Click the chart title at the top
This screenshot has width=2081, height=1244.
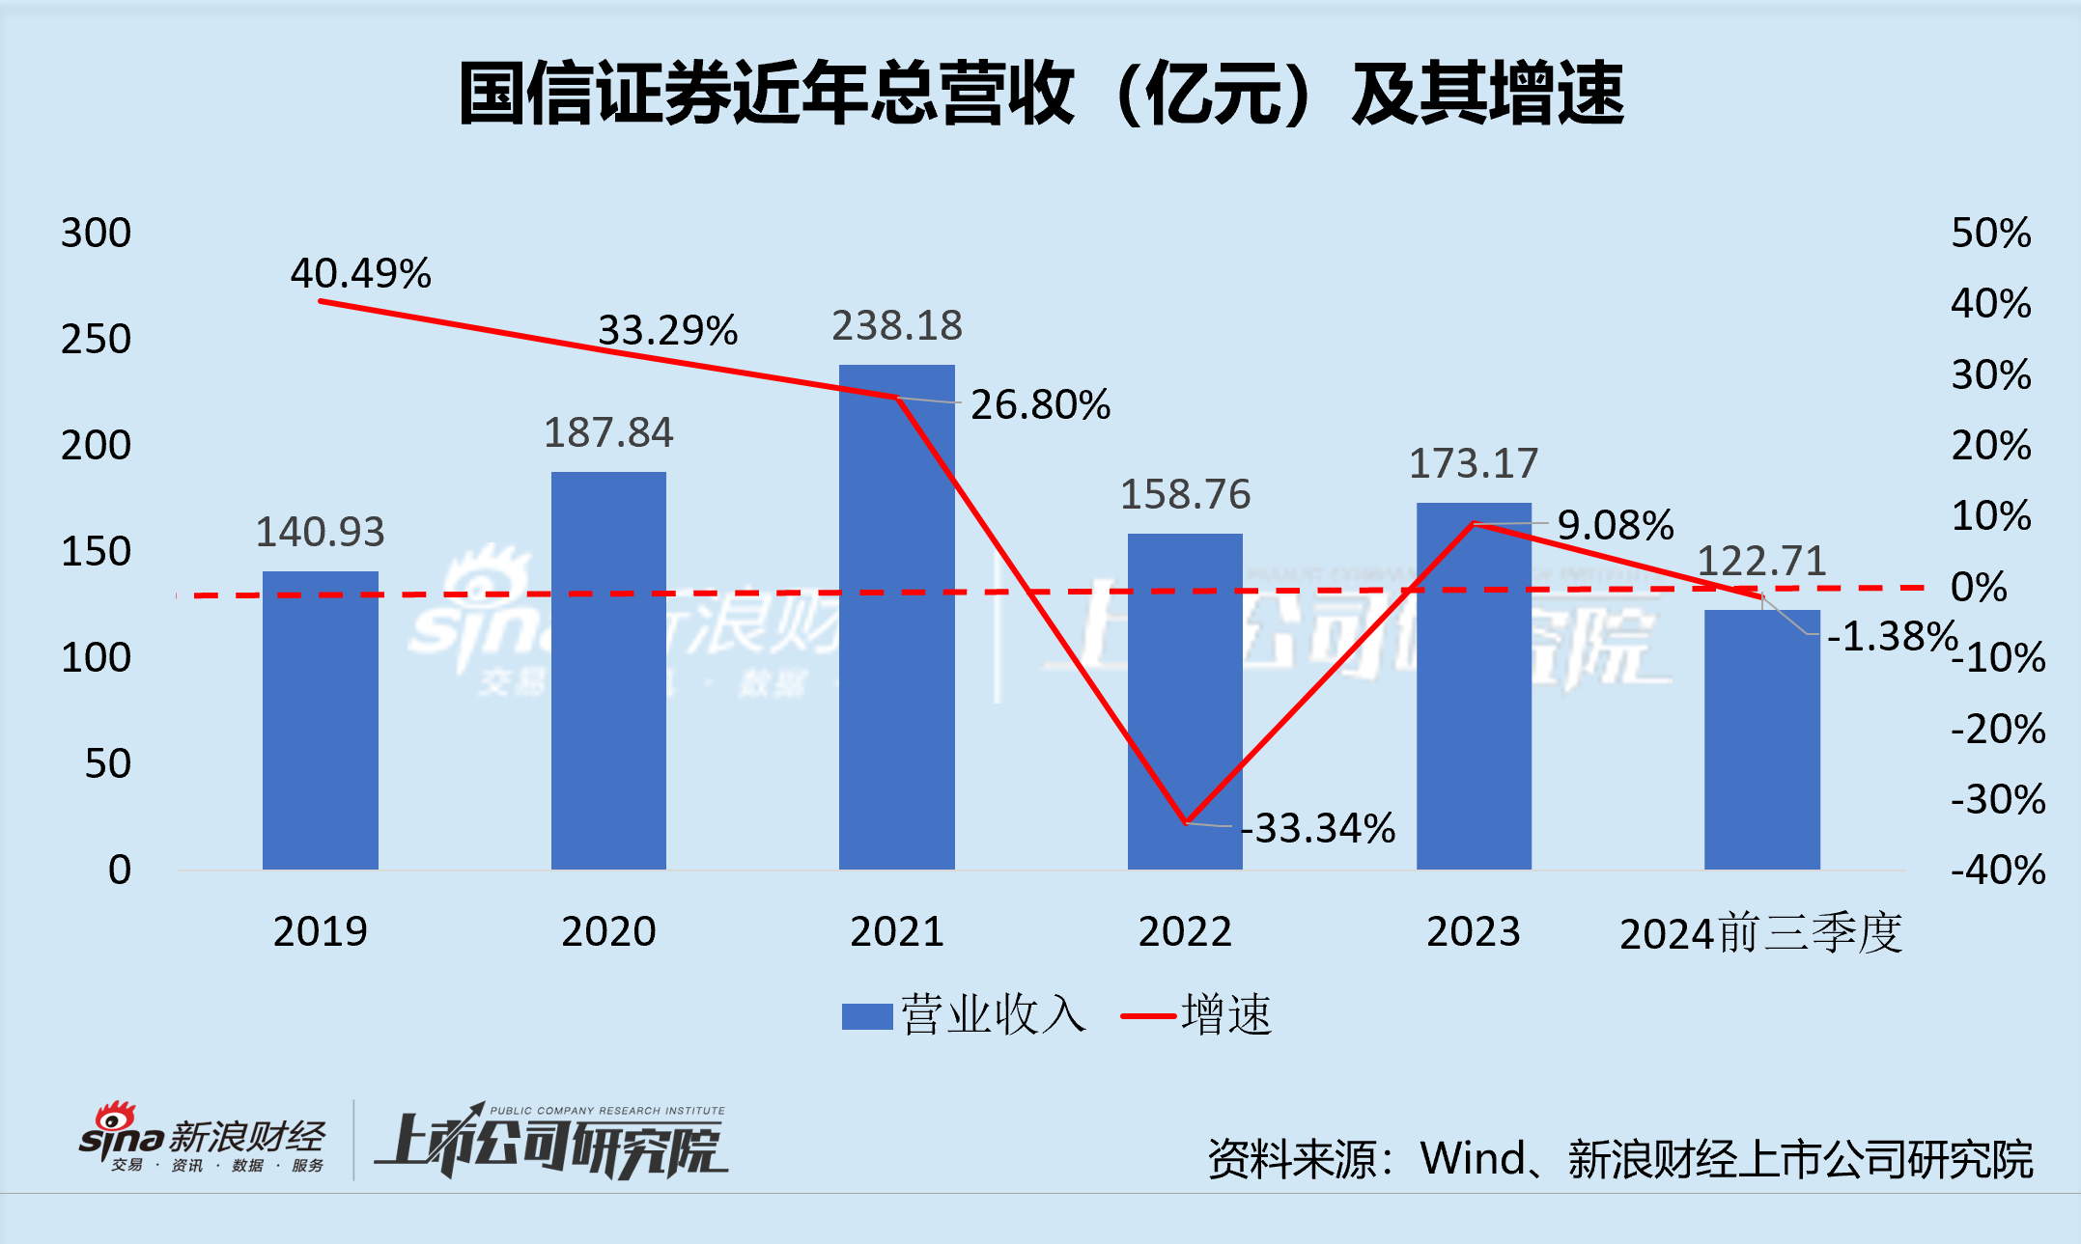click(1041, 94)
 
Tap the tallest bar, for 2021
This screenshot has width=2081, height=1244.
click(896, 618)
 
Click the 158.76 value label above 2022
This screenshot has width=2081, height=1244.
click(1185, 495)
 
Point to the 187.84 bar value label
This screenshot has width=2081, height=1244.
click(608, 433)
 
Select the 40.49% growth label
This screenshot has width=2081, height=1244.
click(360, 274)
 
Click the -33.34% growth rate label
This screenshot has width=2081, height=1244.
click(1319, 829)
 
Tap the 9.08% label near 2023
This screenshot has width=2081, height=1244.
click(1615, 526)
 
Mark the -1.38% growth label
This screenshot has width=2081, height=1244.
click(1892, 637)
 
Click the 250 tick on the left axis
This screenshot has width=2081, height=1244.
click(96, 340)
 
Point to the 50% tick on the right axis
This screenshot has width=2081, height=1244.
click(1990, 234)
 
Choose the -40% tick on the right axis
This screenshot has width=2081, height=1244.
click(1997, 871)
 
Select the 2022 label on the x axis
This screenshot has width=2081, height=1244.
click(1185, 932)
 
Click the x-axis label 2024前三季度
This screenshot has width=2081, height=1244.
click(1760, 934)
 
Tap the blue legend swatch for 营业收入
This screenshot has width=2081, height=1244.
click(866, 1016)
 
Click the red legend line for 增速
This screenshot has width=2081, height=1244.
click(1148, 1016)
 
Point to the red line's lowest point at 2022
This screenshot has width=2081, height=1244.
click(1186, 822)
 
